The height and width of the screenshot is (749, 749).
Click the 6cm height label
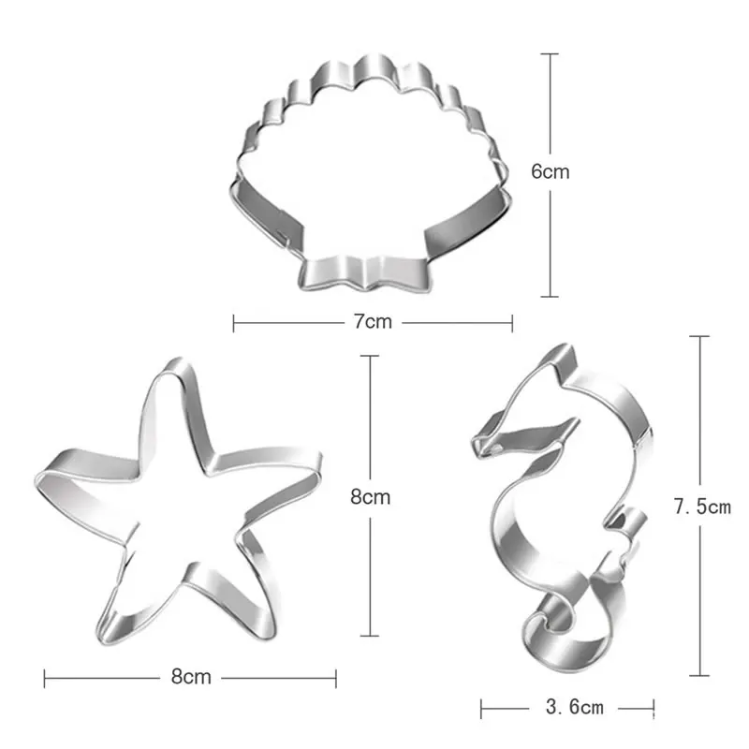(551, 172)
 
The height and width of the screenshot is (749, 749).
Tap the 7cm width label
(373, 321)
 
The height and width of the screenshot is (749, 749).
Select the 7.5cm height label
(702, 507)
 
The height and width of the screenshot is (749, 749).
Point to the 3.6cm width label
(575, 707)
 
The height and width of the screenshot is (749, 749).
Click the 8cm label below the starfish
(191, 677)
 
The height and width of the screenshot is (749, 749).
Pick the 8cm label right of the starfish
(370, 497)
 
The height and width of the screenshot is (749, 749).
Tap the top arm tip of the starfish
(178, 364)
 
